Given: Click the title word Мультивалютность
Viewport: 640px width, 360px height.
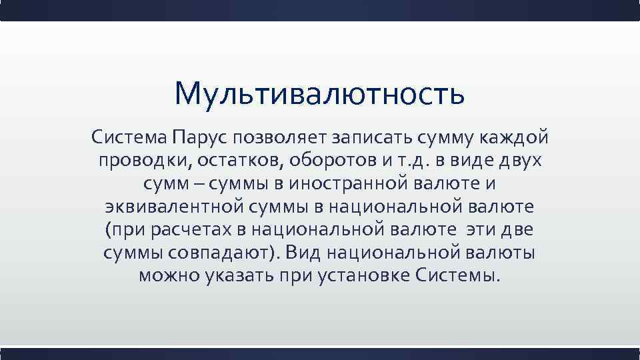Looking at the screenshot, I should [319, 94].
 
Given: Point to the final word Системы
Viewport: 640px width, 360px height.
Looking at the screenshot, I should [463, 275].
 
